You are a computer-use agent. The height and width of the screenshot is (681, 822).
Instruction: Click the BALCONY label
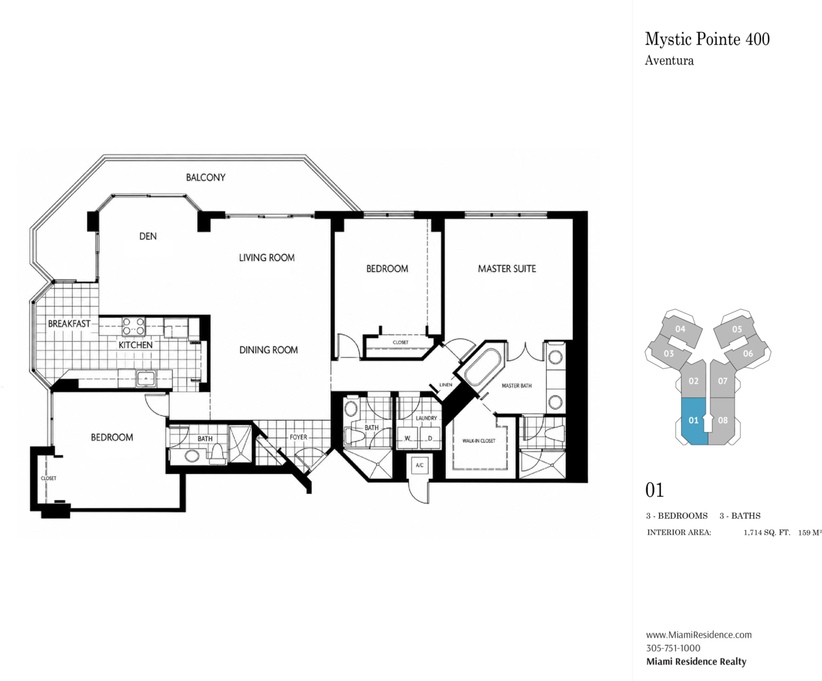[206, 178]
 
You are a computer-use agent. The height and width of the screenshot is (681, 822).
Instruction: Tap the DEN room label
[148, 236]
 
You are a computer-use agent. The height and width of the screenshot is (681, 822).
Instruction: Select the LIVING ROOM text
[267, 258]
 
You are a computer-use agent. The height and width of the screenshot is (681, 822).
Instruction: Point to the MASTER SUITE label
[507, 269]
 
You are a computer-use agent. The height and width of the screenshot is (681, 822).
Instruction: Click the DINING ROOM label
[268, 350]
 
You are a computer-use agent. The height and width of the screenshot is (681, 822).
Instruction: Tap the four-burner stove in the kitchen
[134, 326]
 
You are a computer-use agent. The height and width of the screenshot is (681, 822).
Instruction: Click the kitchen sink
[146, 379]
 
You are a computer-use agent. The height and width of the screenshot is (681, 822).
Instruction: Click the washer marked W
[407, 438]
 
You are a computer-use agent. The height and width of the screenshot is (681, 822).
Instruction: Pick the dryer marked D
[430, 438]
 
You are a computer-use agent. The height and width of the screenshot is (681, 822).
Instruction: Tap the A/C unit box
[419, 465]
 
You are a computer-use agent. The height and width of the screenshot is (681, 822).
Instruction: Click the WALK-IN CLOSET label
[479, 441]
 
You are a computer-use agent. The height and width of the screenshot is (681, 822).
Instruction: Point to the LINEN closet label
[445, 385]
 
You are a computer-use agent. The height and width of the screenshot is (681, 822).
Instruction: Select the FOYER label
[298, 437]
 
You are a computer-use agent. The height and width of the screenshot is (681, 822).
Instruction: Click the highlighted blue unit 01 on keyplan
[694, 421]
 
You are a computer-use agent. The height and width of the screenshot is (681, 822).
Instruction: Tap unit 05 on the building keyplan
[737, 329]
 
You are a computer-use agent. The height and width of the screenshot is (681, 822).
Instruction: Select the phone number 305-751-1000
[673, 648]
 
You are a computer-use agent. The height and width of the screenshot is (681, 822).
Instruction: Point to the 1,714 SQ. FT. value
[767, 533]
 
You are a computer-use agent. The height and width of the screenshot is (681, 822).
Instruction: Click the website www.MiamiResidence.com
[698, 634]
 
